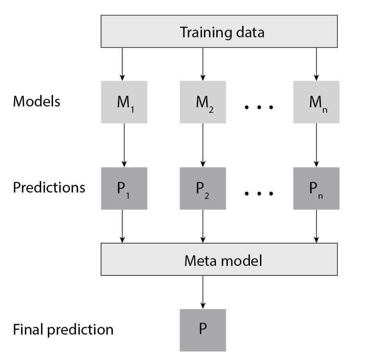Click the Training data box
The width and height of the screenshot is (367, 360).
click(x=219, y=31)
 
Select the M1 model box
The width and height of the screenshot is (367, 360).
click(x=124, y=102)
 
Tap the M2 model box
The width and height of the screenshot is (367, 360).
click(x=202, y=102)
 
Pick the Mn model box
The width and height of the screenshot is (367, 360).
click(x=316, y=102)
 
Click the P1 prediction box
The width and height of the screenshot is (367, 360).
click(x=124, y=188)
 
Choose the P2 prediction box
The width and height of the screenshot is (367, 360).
click(x=202, y=188)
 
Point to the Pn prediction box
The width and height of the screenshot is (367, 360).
click(x=316, y=188)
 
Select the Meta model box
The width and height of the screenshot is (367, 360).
click(x=219, y=259)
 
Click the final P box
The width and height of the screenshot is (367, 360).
click(x=202, y=330)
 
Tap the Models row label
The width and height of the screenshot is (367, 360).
click(x=36, y=101)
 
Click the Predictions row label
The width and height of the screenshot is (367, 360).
click(x=49, y=187)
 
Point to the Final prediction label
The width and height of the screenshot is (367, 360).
click(x=63, y=329)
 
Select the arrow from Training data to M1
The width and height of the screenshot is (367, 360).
click(x=122, y=64)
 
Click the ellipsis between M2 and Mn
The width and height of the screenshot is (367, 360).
click(x=259, y=107)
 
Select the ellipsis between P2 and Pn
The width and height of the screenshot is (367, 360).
click(x=259, y=193)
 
